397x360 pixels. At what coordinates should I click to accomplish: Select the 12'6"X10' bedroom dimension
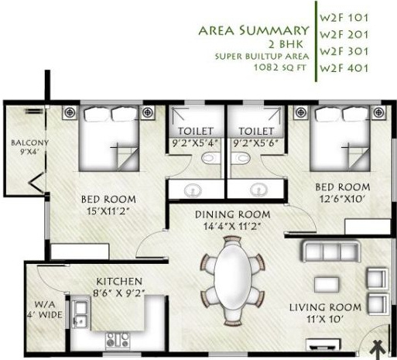pyautogui.click(x=340, y=199)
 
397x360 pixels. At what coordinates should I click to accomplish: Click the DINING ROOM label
pyautogui.click(x=232, y=214)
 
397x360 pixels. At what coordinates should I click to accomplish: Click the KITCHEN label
pyautogui.click(x=119, y=281)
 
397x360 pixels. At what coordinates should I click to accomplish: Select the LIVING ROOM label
pyautogui.click(x=326, y=307)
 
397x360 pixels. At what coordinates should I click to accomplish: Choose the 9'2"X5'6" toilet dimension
pyautogui.click(x=256, y=142)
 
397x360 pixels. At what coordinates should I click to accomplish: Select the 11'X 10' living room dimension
pyautogui.click(x=325, y=319)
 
